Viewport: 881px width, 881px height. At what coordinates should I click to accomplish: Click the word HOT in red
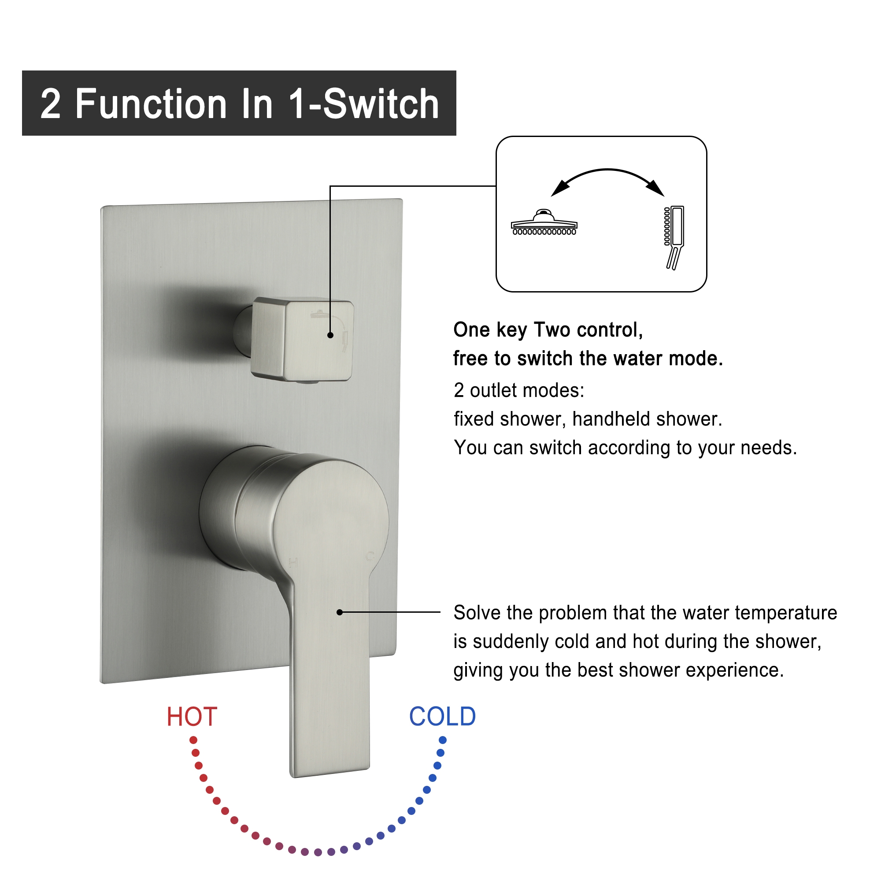(x=192, y=716)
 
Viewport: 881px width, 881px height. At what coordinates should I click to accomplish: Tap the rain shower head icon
(x=544, y=223)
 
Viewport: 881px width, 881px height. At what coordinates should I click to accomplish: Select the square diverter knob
(x=303, y=340)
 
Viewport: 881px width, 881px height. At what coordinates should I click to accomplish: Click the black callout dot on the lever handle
(x=339, y=612)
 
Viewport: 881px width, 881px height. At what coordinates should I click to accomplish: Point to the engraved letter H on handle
(x=293, y=562)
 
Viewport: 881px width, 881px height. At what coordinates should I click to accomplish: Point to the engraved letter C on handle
(x=370, y=556)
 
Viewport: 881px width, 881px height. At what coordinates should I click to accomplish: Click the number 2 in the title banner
(x=50, y=104)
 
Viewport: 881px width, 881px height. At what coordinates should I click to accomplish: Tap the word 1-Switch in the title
(x=363, y=104)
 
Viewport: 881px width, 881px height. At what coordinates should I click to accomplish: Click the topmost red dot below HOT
(x=193, y=740)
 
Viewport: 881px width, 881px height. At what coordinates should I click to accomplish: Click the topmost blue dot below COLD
(x=442, y=740)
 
